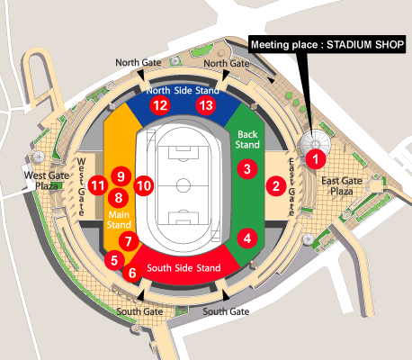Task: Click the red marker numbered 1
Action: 316,158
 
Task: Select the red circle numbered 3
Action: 246,168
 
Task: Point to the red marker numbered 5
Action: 112,260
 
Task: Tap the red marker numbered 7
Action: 129,241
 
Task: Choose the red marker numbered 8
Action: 118,197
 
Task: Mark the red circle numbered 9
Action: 120,176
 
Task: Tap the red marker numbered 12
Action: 160,105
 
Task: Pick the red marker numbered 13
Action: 206,105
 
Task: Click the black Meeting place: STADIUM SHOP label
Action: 327,44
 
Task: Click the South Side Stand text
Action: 184,268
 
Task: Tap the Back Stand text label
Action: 246,139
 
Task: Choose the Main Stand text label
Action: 120,220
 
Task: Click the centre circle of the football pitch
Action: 184,186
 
